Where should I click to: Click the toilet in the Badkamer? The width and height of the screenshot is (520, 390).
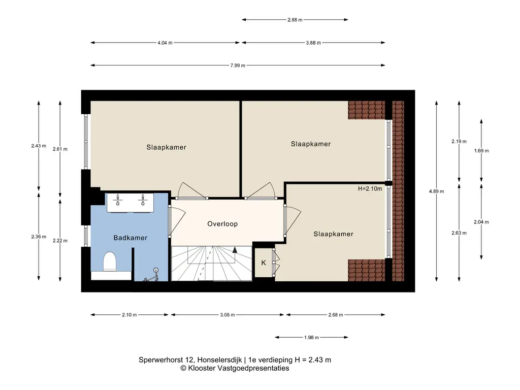coord(110,262)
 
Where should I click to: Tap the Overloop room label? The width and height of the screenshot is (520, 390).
coord(222,224)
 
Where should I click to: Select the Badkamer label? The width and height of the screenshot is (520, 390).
coord(131,238)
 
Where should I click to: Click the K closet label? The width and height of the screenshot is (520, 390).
coord(264,263)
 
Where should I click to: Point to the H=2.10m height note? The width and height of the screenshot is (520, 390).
coord(370,189)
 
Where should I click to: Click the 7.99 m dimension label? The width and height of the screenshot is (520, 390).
coord(238,66)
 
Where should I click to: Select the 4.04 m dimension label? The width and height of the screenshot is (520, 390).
coord(165,43)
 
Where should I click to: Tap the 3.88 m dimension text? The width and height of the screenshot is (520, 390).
coord(313,43)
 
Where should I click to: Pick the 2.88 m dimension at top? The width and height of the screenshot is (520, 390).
coord(295,20)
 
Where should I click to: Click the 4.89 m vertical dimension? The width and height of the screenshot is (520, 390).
coord(436,191)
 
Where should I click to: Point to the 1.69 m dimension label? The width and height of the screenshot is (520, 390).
coord(481,150)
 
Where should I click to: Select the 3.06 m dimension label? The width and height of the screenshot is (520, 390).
coord(227,315)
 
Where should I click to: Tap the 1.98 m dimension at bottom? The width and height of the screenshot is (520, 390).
coord(311,338)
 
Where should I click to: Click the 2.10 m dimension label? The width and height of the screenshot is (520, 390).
coord(129,315)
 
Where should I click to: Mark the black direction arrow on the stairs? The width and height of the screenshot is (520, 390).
coord(235,250)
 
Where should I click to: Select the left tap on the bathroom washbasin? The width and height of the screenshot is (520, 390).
coord(117,200)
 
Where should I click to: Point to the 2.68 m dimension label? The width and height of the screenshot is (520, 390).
coord(336,315)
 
